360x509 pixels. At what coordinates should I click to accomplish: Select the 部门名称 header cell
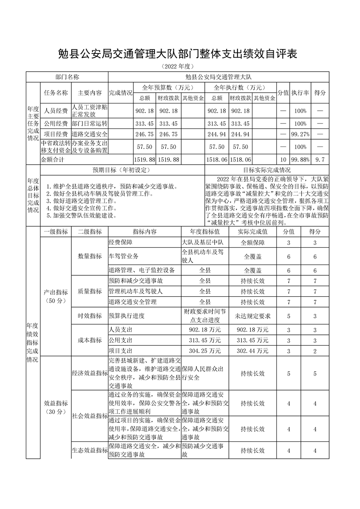[67, 78]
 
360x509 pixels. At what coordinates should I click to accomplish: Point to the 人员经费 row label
[56, 111]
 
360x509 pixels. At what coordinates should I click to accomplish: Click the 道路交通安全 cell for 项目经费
[89, 135]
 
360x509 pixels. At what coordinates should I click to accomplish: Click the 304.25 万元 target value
[205, 351]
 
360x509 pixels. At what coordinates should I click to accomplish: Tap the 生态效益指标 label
[89, 450]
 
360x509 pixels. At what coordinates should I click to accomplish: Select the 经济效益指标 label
[89, 373]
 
